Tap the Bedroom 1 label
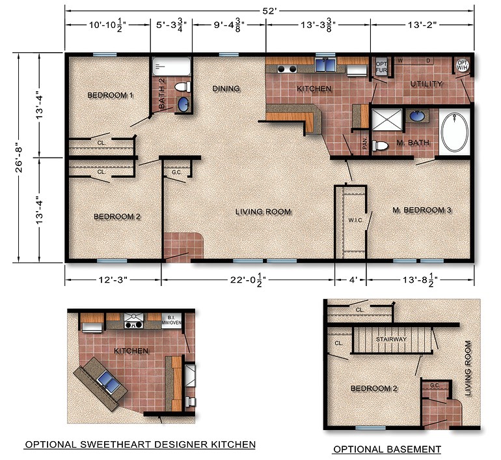pos(110,95)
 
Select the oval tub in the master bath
pos(454,133)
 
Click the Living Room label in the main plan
pos(263,211)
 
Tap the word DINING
pos(226,89)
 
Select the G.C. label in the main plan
pos(176,173)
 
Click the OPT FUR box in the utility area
pos(381,67)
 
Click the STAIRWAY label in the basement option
pos(391,339)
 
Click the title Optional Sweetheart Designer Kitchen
pos(139,444)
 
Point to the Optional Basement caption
pos(386,449)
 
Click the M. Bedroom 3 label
pos(422,210)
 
